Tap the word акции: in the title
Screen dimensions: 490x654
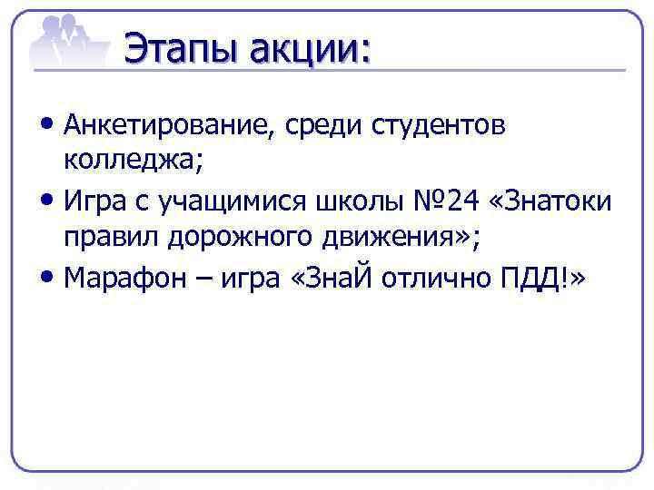tap(305, 47)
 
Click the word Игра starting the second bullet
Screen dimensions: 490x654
tap(97, 201)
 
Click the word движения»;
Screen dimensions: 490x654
tap(402, 237)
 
